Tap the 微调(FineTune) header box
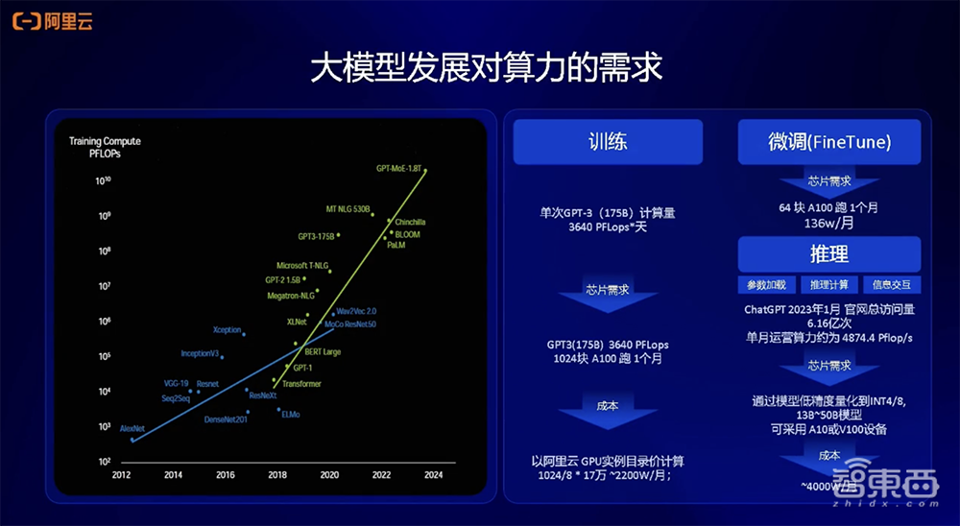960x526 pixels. pos(828,142)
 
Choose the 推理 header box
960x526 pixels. pos(828,254)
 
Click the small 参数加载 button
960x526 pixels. pos(767,285)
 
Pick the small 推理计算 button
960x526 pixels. pos(828,285)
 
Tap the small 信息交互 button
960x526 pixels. pos(891,285)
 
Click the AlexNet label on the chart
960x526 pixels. pos(132,428)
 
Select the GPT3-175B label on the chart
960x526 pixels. pos(315,236)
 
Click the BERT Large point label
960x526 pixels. pos(323,352)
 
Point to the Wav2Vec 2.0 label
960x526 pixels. pos(356,311)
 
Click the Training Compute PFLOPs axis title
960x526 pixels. pos(105,147)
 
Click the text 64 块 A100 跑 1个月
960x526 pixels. pos(828,207)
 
